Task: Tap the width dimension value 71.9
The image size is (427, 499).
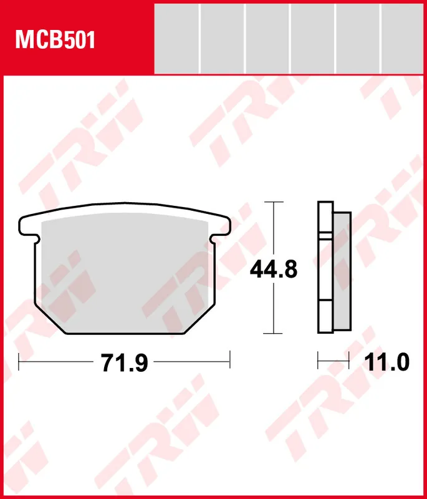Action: click(124, 362)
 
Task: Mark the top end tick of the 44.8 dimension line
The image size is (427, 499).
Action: click(273, 202)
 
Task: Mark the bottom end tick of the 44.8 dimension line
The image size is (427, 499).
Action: click(273, 334)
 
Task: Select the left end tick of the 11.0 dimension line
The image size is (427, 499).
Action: click(319, 360)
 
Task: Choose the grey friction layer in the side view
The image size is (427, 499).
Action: click(342, 271)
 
